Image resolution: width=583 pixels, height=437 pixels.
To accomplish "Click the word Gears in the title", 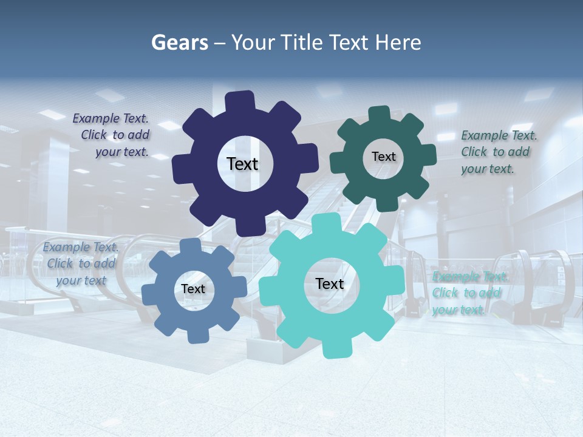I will [x=178, y=42].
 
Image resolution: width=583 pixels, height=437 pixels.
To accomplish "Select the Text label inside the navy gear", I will [x=242, y=164].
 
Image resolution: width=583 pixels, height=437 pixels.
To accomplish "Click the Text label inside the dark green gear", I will [x=383, y=157].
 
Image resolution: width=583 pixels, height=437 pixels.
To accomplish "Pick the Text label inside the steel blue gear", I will [x=193, y=290].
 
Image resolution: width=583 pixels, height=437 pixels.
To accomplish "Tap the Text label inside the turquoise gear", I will [x=330, y=284].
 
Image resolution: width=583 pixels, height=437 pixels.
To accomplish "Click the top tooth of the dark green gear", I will [x=380, y=114].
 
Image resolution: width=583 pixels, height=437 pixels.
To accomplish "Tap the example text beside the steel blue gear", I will [x=81, y=263].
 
